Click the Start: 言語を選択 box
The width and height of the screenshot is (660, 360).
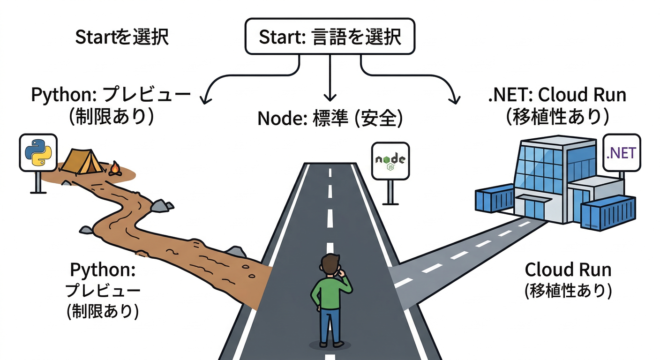coord(330,37)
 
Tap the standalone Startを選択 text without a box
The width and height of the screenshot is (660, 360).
coord(122,37)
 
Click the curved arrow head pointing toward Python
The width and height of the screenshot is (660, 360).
coord(204,97)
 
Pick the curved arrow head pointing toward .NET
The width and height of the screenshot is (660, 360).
coord(454,97)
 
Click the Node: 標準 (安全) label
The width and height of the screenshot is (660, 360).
coord(330,118)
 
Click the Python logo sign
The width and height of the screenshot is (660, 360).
coord(38,153)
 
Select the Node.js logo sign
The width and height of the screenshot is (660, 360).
coord(390,161)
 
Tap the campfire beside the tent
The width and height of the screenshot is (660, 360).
coord(114,169)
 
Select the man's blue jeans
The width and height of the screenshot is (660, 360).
coord(330,326)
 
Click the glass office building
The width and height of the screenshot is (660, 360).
coord(548,178)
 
